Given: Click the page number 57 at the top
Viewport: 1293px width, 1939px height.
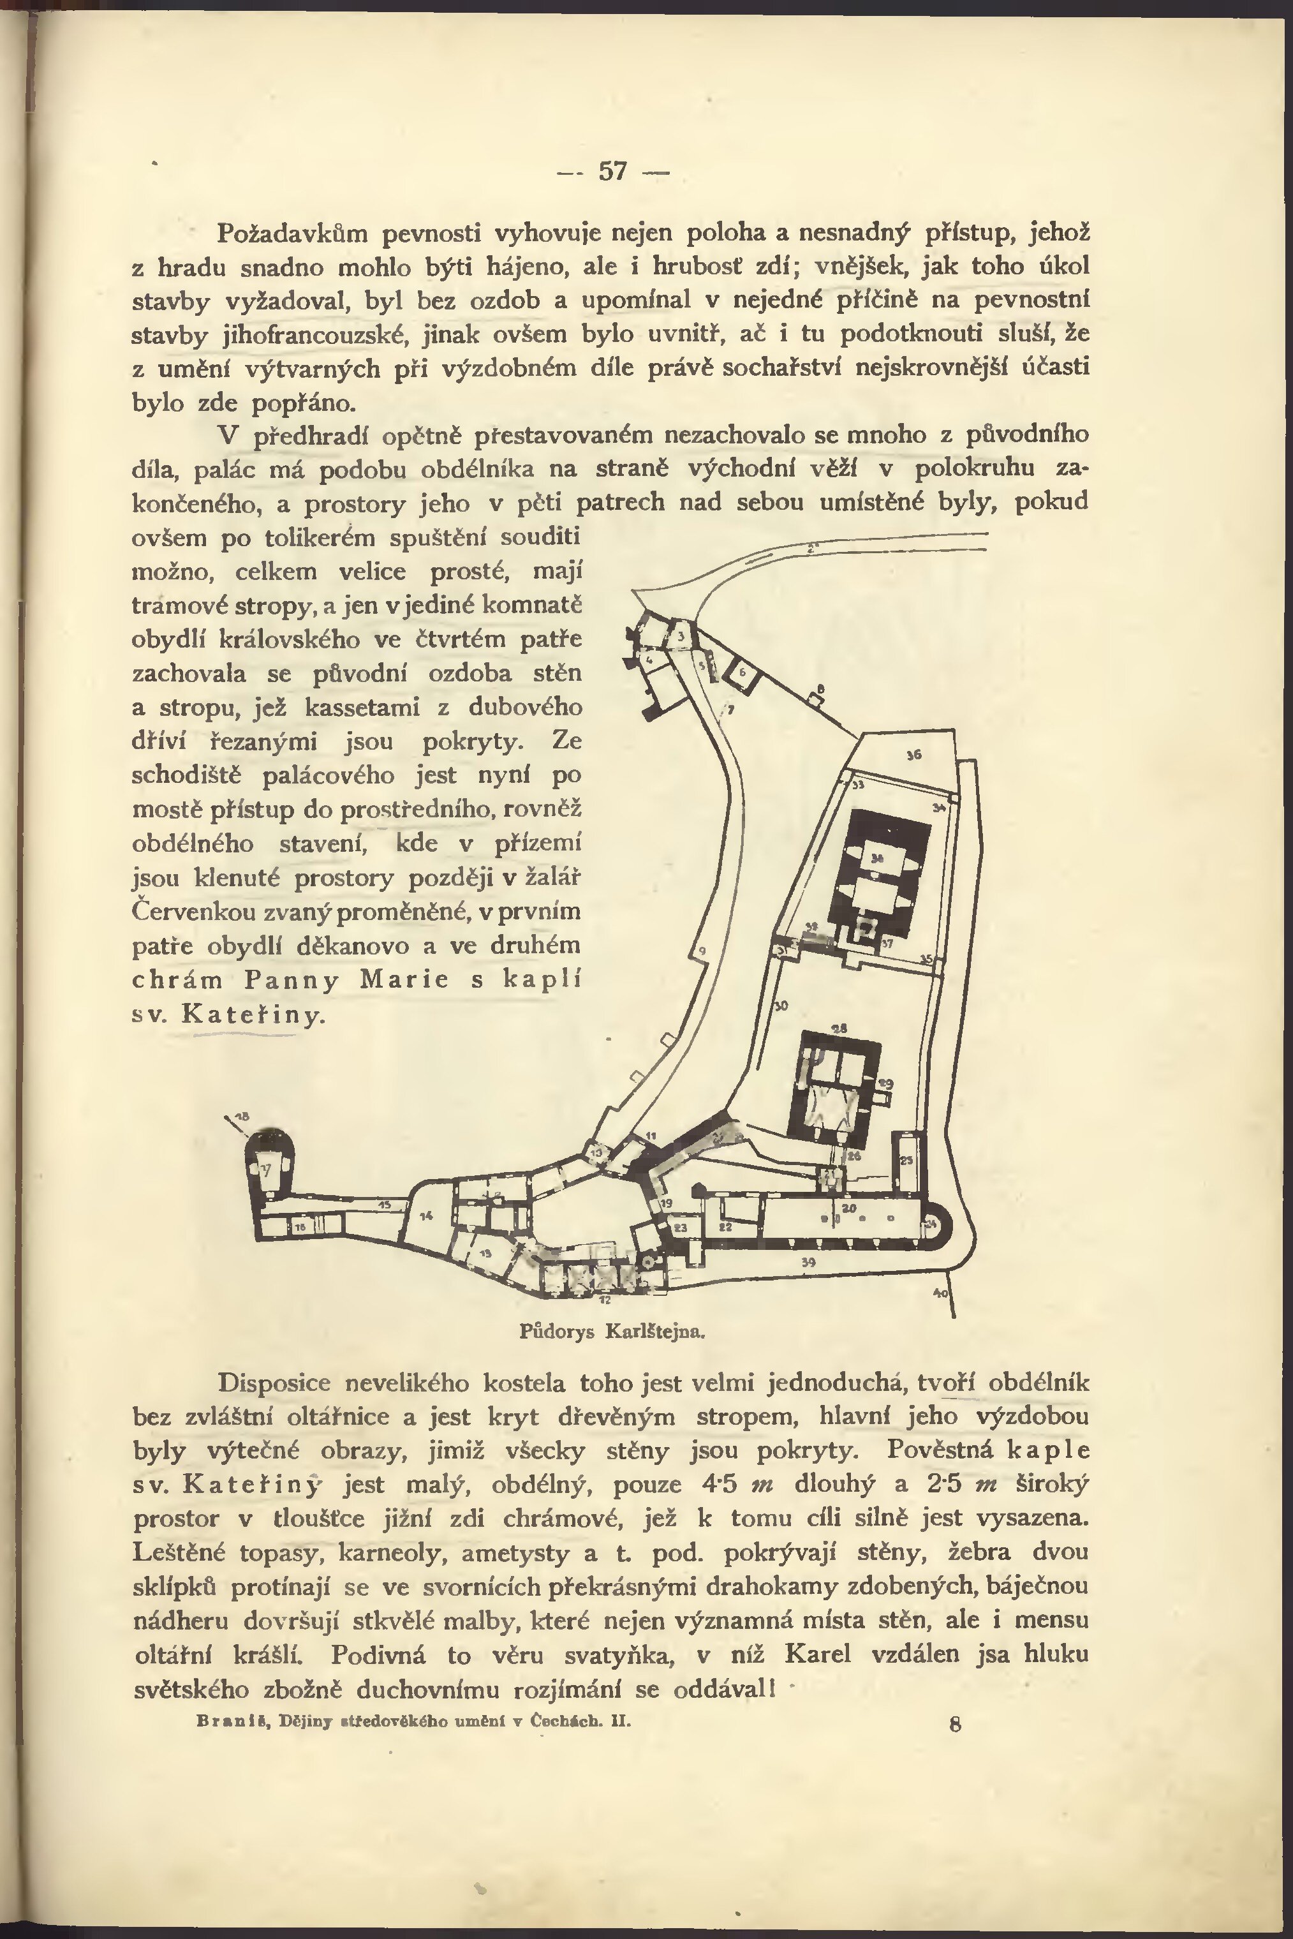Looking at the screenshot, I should click(x=612, y=171).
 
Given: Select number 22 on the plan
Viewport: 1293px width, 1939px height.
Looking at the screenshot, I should click(x=726, y=1227).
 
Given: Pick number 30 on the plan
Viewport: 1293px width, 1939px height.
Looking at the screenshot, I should click(x=781, y=1006).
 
